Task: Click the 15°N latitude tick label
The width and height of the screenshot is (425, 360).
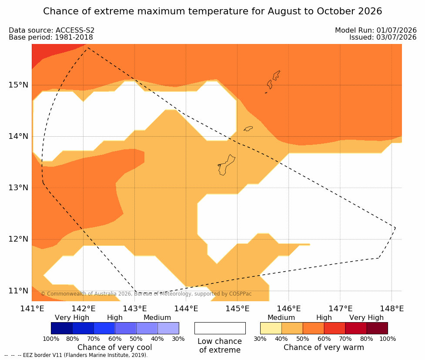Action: pyautogui.click(x=18, y=85)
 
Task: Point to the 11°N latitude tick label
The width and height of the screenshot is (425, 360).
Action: pyautogui.click(x=18, y=291)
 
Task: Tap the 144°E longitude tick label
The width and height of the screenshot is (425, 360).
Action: pyautogui.click(x=186, y=309)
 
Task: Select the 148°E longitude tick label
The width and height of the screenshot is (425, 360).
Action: pyautogui.click(x=392, y=309)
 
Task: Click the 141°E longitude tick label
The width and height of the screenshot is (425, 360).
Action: pyautogui.click(x=32, y=309)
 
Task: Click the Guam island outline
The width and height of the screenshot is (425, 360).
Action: pyautogui.click(x=226, y=165)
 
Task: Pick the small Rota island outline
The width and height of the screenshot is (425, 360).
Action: pyautogui.click(x=248, y=128)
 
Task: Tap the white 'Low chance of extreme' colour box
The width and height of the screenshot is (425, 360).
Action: pyautogui.click(x=220, y=328)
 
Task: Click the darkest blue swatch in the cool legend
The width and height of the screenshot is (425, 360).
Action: pyautogui.click(x=62, y=328)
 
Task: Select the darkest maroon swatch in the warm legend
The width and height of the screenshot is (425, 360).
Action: pyautogui.click(x=377, y=328)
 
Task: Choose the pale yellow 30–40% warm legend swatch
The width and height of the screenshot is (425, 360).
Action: pyautogui.click(x=271, y=328)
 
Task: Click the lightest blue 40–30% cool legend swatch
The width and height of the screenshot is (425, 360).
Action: pyautogui.click(x=168, y=328)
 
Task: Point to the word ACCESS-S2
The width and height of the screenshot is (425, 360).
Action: pyautogui.click(x=75, y=30)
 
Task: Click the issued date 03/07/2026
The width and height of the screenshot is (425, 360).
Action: pyautogui.click(x=396, y=37)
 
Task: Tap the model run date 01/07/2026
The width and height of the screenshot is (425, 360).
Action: pyautogui.click(x=396, y=30)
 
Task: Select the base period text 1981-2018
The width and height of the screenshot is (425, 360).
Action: pyautogui.click(x=74, y=37)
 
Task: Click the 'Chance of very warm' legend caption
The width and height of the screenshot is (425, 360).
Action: pyautogui.click(x=324, y=347)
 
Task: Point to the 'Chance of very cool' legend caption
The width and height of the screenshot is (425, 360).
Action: pyautogui.click(x=115, y=347)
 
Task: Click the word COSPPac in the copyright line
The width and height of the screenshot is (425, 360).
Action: pyautogui.click(x=241, y=293)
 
